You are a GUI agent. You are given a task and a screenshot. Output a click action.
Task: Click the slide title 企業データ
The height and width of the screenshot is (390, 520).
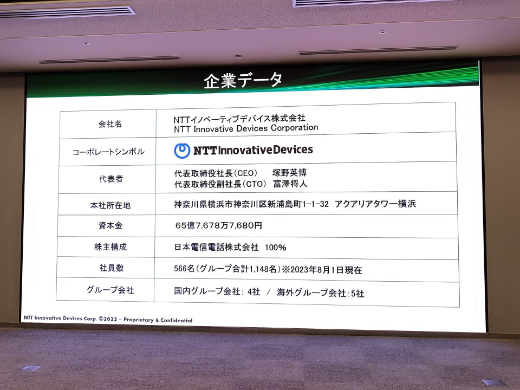click(x=243, y=80)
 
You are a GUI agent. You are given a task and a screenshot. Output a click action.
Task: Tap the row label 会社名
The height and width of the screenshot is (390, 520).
click(x=110, y=124)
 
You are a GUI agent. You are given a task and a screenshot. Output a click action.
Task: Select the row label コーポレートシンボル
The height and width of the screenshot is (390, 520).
click(x=108, y=152)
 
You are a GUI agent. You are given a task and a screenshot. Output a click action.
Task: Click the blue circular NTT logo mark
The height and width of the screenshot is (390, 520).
click(x=182, y=151)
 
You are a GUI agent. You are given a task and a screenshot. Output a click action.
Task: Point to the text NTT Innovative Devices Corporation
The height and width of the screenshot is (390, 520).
click(x=246, y=128)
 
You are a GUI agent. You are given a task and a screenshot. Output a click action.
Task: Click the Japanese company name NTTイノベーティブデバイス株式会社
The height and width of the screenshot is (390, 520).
click(x=239, y=118)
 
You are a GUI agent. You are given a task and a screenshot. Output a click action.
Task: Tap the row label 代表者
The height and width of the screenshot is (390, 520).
click(x=110, y=179)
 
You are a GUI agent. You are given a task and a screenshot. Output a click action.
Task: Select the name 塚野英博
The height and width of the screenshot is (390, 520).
click(x=289, y=173)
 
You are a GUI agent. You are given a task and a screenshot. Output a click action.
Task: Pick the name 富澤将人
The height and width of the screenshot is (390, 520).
click(x=290, y=184)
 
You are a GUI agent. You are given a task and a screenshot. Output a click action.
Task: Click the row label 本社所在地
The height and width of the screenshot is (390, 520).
click(x=110, y=205)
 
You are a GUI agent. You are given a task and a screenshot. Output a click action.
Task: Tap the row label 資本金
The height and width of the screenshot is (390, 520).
click(x=110, y=226)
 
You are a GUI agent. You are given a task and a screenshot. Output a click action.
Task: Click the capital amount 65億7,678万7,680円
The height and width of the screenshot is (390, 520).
click(x=218, y=225)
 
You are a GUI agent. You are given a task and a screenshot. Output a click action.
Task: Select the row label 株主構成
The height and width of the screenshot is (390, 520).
click(x=110, y=247)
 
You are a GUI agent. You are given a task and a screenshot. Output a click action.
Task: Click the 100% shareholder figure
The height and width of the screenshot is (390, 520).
click(x=276, y=248)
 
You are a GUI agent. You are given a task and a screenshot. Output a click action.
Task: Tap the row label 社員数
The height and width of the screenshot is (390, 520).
click(x=110, y=268)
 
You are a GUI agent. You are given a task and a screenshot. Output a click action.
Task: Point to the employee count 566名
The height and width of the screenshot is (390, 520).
click(x=184, y=269)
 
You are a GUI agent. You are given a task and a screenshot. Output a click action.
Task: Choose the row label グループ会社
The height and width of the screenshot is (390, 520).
click(x=110, y=290)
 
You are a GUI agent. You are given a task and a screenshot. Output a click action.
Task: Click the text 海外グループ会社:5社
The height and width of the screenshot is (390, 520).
click(x=321, y=293)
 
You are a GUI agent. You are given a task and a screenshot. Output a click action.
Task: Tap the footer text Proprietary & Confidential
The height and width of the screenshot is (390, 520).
click(x=158, y=320)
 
